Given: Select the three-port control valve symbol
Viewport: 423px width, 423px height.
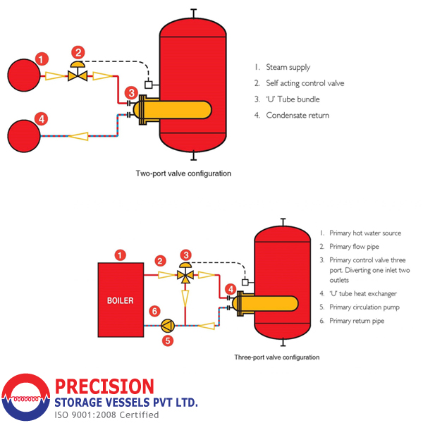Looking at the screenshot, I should point(185,274).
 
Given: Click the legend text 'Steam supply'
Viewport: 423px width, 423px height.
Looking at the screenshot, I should point(288,68).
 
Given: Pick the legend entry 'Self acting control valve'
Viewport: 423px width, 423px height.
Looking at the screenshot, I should point(305,83).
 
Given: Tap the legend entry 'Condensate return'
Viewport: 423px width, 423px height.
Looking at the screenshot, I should point(297,115).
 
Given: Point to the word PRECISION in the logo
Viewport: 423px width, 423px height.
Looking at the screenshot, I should point(104,386).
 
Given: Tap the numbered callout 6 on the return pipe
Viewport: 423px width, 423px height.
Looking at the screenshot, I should point(154,310).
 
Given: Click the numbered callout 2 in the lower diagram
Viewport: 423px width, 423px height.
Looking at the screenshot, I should point(161,261).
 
